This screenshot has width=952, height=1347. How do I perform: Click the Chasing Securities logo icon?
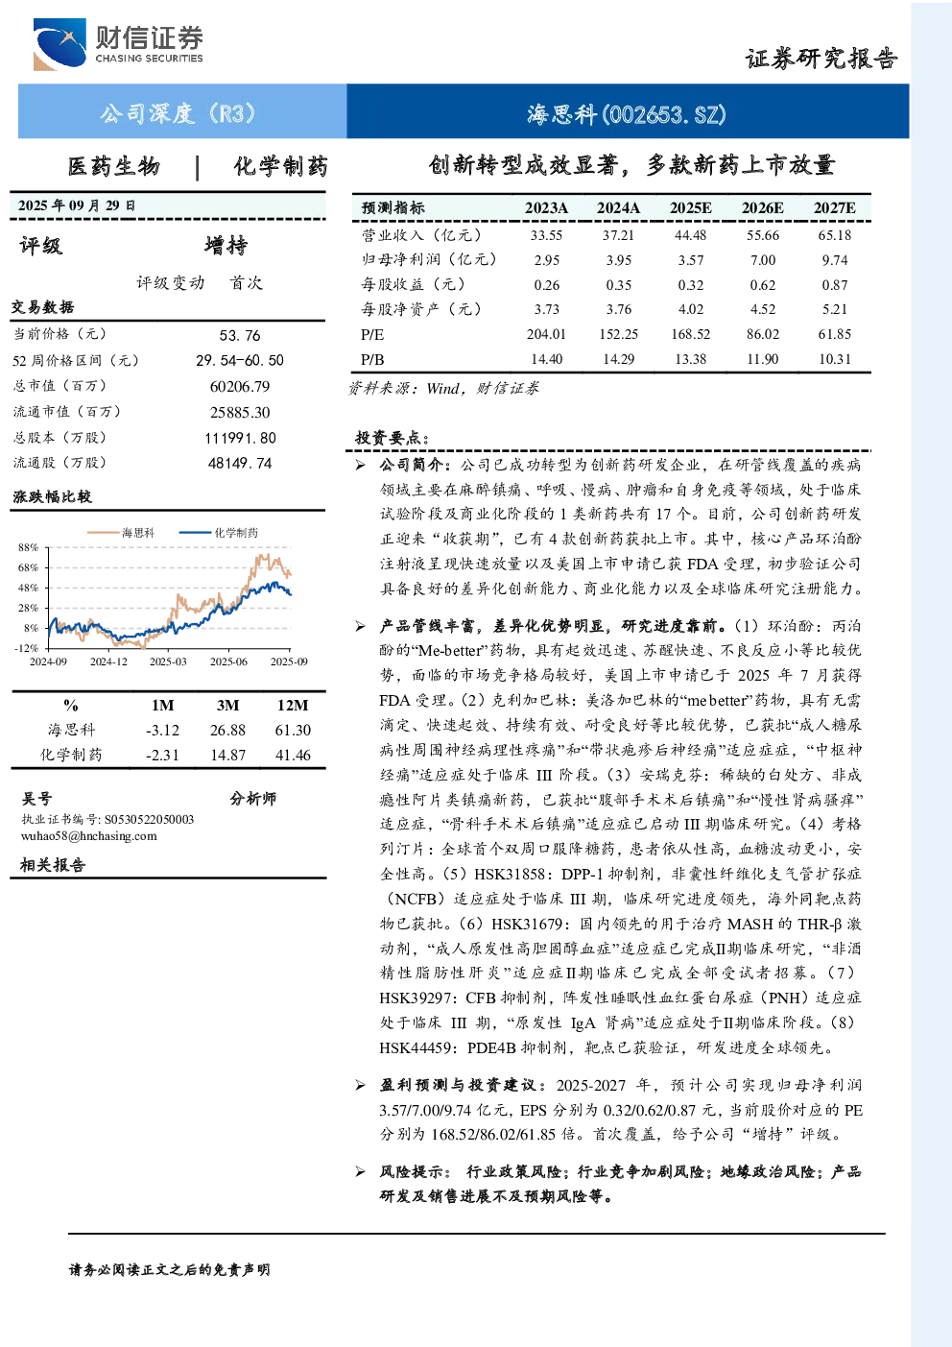[x=59, y=44]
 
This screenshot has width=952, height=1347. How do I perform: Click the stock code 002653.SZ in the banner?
[x=664, y=113]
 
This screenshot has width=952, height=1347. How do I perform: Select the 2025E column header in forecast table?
[x=691, y=208]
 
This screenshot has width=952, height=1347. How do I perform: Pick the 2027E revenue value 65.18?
[x=834, y=235]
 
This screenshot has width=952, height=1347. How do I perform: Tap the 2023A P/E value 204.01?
[x=546, y=334]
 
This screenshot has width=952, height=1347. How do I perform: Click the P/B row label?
[x=372, y=359]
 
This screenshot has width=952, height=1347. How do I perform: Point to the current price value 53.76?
[x=240, y=335]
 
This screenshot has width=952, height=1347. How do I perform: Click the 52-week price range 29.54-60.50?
[x=240, y=360]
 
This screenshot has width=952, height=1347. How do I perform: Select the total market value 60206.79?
[x=240, y=386]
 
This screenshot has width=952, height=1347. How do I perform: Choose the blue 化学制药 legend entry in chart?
[x=219, y=532]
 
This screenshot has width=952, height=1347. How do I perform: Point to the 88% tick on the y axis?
[x=28, y=547]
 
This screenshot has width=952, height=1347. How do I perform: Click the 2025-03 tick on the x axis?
[x=168, y=661]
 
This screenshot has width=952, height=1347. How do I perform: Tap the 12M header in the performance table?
[x=293, y=705]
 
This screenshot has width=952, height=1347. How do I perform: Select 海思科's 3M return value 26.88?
[x=227, y=730]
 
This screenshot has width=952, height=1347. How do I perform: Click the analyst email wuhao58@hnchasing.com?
[x=89, y=836]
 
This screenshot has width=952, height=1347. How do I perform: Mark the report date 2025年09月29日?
[x=77, y=205]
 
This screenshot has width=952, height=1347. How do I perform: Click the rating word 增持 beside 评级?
[x=226, y=246]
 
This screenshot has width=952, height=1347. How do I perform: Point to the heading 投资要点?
[x=392, y=438]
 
